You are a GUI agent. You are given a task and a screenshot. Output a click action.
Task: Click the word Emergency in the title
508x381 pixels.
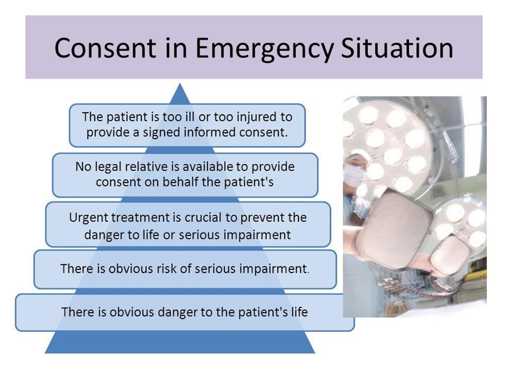click(265, 49)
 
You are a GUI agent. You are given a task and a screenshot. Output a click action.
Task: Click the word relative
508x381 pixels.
click(147, 167)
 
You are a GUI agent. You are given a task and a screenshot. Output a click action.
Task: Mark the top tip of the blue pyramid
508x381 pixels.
click(180, 83)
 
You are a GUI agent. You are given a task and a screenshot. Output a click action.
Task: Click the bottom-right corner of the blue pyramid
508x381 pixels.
click(315, 353)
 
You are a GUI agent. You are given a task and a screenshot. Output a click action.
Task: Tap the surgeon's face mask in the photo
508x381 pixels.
click(354, 176)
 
